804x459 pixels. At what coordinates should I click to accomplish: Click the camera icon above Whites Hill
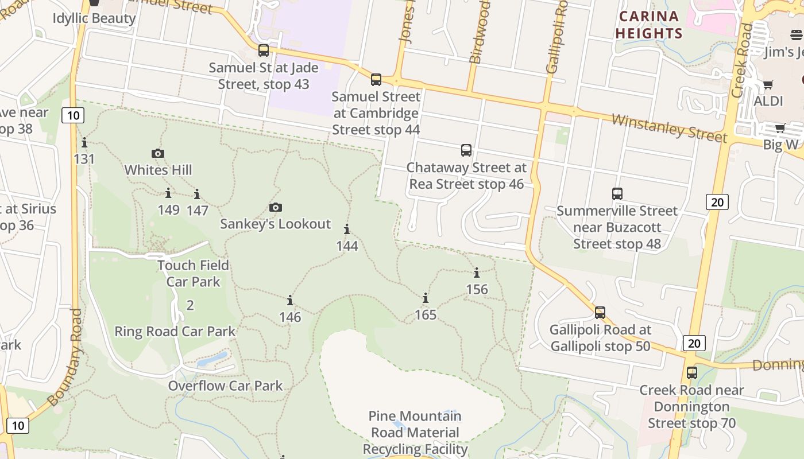pyautogui.click(x=158, y=153)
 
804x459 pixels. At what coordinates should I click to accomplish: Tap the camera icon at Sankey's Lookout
pyautogui.click(x=276, y=207)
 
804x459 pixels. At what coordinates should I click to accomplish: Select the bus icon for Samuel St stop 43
pyautogui.click(x=264, y=50)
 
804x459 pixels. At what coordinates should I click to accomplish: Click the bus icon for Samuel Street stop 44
pyautogui.click(x=376, y=79)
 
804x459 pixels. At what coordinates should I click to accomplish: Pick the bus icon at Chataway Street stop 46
pyautogui.click(x=466, y=150)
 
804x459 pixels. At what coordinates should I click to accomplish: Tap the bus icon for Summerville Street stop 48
pyautogui.click(x=617, y=193)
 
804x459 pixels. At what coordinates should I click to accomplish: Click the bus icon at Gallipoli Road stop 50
pyautogui.click(x=600, y=313)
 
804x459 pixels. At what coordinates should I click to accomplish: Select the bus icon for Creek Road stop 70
pyautogui.click(x=692, y=372)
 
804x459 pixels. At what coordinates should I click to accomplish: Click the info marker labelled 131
pyautogui.click(x=84, y=142)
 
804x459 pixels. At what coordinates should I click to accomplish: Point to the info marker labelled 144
pyautogui.click(x=347, y=229)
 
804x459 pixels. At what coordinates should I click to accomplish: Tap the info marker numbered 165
pyautogui.click(x=426, y=298)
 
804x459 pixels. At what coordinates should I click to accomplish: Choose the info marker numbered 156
pyautogui.click(x=477, y=273)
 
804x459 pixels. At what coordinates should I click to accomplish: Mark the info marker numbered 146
pyautogui.click(x=290, y=300)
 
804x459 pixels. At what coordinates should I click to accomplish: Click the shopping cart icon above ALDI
pyautogui.click(x=768, y=85)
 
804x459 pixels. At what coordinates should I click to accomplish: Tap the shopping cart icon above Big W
pyautogui.click(x=780, y=128)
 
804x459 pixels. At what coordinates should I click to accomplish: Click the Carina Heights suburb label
pyautogui.click(x=649, y=25)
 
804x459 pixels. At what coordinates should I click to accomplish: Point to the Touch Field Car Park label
pyautogui.click(x=193, y=273)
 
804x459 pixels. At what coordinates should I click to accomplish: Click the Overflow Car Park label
pyautogui.click(x=225, y=386)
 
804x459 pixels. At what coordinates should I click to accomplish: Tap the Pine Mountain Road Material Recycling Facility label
pyautogui.click(x=415, y=432)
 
